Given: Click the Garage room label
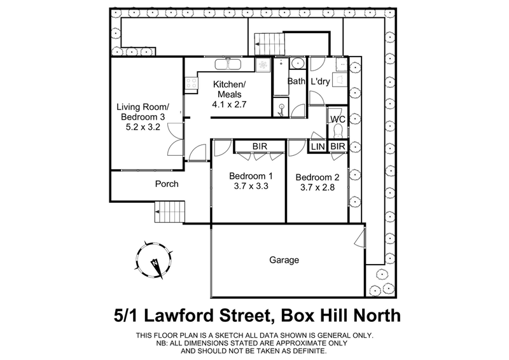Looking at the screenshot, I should point(284,260).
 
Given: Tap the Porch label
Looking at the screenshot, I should point(167,184).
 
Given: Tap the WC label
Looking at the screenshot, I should point(337,118).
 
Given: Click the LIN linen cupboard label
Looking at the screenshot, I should point(317,147).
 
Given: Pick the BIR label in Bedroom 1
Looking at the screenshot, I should point(259,146).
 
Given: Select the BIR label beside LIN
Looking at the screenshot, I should point(337,147).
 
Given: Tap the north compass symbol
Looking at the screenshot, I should point(154,261).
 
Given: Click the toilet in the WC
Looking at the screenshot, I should point(338,131).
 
